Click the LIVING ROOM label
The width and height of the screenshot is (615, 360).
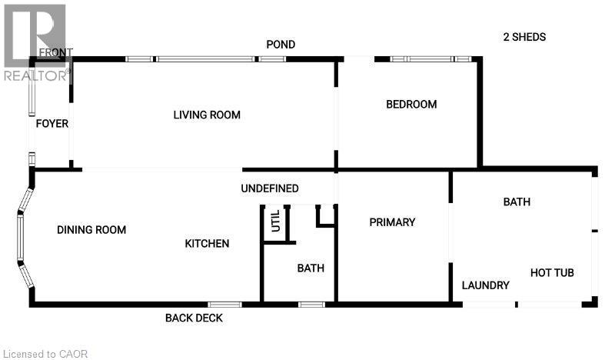(x=207, y=115)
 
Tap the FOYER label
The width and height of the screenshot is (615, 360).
(x=52, y=124)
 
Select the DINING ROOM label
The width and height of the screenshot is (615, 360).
(x=91, y=230)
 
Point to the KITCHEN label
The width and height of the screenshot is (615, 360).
(x=207, y=244)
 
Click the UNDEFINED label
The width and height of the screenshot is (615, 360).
(x=269, y=188)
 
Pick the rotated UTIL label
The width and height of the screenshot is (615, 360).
(x=275, y=224)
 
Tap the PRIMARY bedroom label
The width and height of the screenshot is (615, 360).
(x=392, y=222)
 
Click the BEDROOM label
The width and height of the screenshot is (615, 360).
(x=411, y=105)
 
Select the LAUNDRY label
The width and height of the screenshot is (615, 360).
(x=485, y=285)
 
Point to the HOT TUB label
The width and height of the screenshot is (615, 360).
(x=552, y=273)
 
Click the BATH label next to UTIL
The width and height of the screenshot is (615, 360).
(x=311, y=268)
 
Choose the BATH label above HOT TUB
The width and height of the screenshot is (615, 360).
(x=517, y=202)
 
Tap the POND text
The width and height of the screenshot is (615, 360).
(x=281, y=45)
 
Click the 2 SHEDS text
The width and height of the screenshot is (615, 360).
(x=524, y=37)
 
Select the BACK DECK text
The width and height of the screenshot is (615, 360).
(x=193, y=318)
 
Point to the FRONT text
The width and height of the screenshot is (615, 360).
(x=55, y=52)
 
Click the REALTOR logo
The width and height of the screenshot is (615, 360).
(x=35, y=42)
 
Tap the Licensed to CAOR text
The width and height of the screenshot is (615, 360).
(x=45, y=354)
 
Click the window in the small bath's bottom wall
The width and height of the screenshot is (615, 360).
(x=311, y=305)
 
